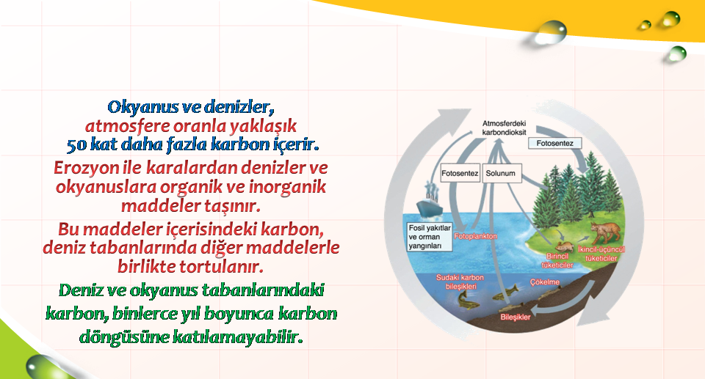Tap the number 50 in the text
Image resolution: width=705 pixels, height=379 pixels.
tap(76, 145)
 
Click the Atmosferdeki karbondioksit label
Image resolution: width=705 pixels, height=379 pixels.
tap(504, 128)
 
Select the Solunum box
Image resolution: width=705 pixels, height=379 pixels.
tap(502, 173)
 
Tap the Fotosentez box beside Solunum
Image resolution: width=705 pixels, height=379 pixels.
tap(460, 173)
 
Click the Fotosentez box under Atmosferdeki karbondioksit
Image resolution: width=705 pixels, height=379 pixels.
tap(555, 143)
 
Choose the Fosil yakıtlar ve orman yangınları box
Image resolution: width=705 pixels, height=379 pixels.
tap(430, 237)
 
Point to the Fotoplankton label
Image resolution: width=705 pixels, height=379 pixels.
tap(476, 236)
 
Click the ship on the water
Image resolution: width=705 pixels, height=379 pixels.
tap(430, 201)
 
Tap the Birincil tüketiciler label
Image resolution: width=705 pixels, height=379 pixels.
tap(557, 261)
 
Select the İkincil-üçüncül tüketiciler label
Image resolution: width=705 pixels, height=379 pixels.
tap(601, 254)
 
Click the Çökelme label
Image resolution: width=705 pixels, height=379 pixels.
tap(544, 282)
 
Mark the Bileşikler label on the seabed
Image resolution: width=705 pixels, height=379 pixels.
tap(516, 317)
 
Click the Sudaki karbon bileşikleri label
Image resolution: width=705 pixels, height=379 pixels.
tap(460, 282)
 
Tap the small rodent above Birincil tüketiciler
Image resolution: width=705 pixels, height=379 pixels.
tap(564, 246)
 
